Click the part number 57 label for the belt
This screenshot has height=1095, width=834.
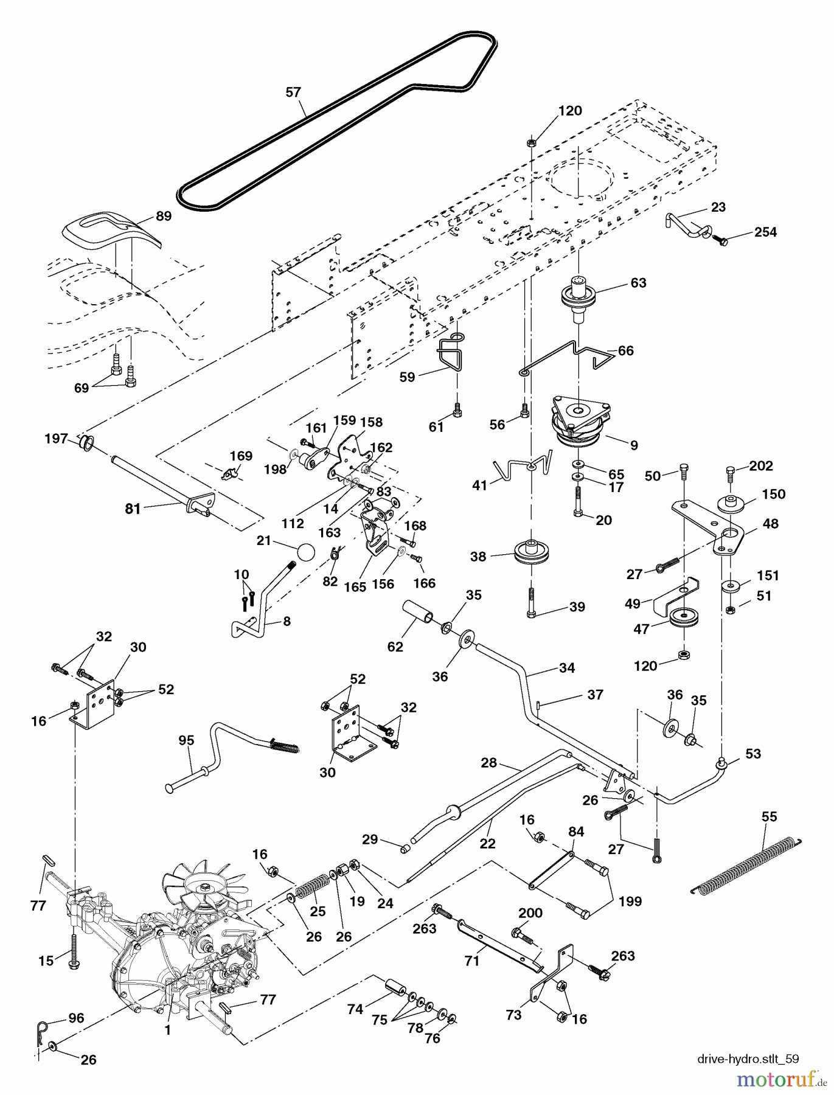(293, 92)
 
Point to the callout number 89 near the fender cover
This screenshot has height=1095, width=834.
(164, 216)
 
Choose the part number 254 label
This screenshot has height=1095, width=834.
(765, 232)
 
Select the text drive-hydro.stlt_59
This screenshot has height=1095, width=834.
(748, 1059)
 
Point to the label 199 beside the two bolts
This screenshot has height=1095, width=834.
(630, 901)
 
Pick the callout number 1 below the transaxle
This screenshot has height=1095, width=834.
(168, 1030)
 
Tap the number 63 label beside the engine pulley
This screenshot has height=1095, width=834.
(638, 283)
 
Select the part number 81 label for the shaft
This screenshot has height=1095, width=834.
(133, 509)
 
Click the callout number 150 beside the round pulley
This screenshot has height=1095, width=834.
(773, 494)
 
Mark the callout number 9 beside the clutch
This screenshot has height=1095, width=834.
(634, 445)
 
